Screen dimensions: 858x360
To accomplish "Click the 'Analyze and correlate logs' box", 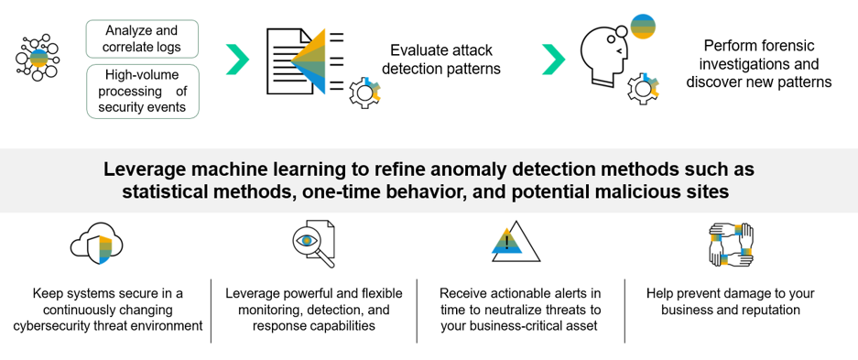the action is pos(142,38).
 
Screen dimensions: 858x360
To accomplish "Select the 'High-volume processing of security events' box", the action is pos(142,92).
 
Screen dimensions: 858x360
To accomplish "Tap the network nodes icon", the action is pos(38,58).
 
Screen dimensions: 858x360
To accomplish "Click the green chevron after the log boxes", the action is pos(237,60).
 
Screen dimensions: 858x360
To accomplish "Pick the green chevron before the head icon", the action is pos(553,60).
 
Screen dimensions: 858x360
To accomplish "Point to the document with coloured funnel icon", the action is pos(305,60).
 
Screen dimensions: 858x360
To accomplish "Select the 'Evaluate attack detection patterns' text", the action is pos(441,60).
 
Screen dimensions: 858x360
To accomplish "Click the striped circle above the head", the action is pos(643,27).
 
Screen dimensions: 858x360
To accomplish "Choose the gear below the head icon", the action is pos(644,88).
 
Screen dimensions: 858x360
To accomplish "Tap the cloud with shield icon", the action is pos(97,244).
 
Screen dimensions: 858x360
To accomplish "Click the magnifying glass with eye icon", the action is pos(313,244).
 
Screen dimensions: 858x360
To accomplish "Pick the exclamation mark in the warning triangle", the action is pos(508,240).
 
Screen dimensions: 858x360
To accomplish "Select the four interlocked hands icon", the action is pos(731,244).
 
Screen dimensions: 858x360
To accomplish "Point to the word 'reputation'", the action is pos(771,310).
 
